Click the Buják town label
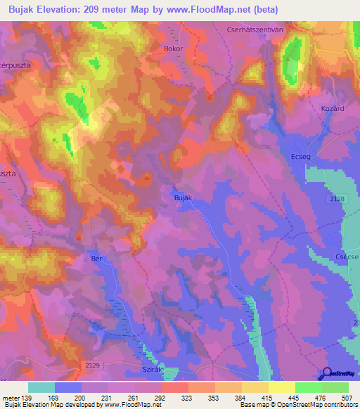[182, 199]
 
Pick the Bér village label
[98, 258]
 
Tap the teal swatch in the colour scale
[41, 387]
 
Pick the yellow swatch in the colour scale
[281, 387]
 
